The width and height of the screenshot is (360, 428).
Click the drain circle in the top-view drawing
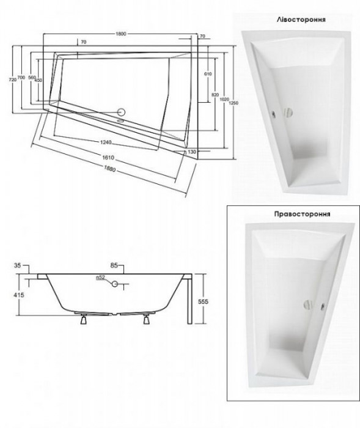pos(121,113)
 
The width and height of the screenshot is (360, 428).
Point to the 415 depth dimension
pos(19,295)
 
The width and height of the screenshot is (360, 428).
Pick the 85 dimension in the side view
pos(113,265)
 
